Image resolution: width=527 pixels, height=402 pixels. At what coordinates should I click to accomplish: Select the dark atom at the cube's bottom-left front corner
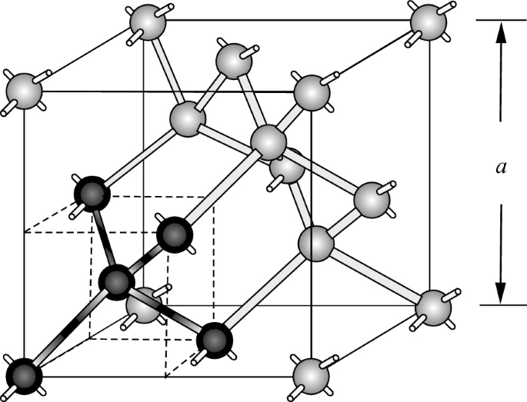(x=23, y=374)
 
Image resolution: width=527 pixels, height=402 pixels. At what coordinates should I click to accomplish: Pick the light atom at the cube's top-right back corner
(x=427, y=21)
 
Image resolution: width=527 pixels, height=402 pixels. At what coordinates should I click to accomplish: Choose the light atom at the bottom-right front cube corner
(x=312, y=374)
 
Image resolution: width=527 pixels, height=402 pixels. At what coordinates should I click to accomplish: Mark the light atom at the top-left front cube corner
(x=23, y=91)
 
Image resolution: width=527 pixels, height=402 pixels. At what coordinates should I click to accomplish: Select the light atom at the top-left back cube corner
(x=144, y=22)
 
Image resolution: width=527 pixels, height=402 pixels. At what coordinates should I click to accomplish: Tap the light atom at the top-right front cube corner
(x=311, y=91)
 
